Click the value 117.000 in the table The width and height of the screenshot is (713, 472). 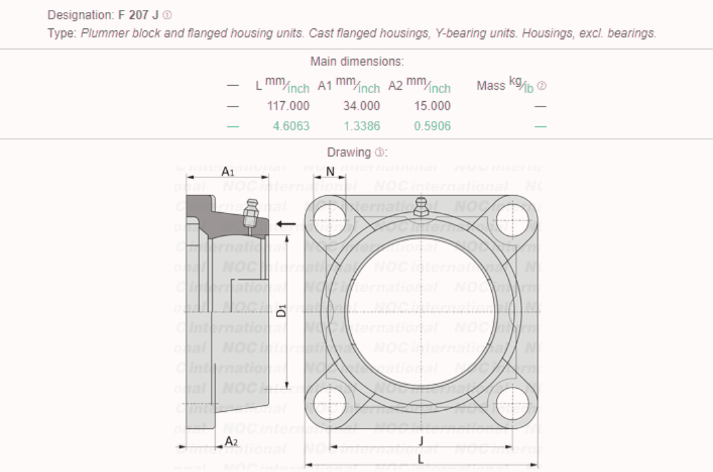(x=288, y=106)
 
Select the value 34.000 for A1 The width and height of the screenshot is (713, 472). (x=361, y=106)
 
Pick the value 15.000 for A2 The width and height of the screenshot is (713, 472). (x=432, y=106)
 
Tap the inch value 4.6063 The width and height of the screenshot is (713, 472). (x=291, y=126)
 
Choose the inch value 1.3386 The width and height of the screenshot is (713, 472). (x=362, y=126)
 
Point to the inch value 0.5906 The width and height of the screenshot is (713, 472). (x=432, y=126)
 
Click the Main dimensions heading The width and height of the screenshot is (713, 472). (x=357, y=61)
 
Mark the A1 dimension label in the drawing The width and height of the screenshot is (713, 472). (x=228, y=171)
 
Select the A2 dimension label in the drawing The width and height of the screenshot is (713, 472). (x=231, y=441)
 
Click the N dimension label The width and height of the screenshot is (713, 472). (x=331, y=171)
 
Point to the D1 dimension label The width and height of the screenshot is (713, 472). (x=281, y=309)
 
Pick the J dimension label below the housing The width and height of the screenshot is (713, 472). (x=421, y=440)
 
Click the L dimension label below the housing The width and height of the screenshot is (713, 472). (x=421, y=459)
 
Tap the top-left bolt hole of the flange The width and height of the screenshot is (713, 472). (x=329, y=218)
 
